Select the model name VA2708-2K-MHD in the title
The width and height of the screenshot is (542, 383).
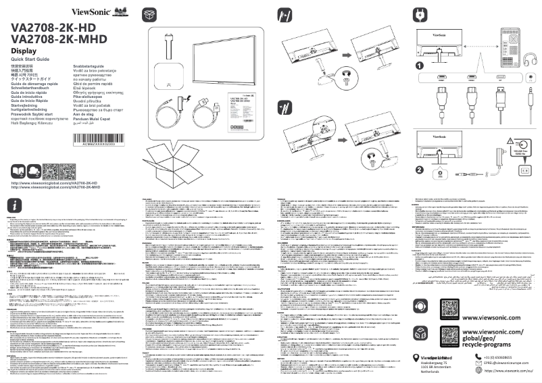(55, 40)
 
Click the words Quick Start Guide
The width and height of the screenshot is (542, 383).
(31, 59)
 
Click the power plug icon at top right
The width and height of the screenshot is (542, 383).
(420, 13)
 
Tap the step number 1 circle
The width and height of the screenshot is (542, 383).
(420, 66)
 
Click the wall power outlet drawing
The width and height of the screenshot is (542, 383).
(522, 171)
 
